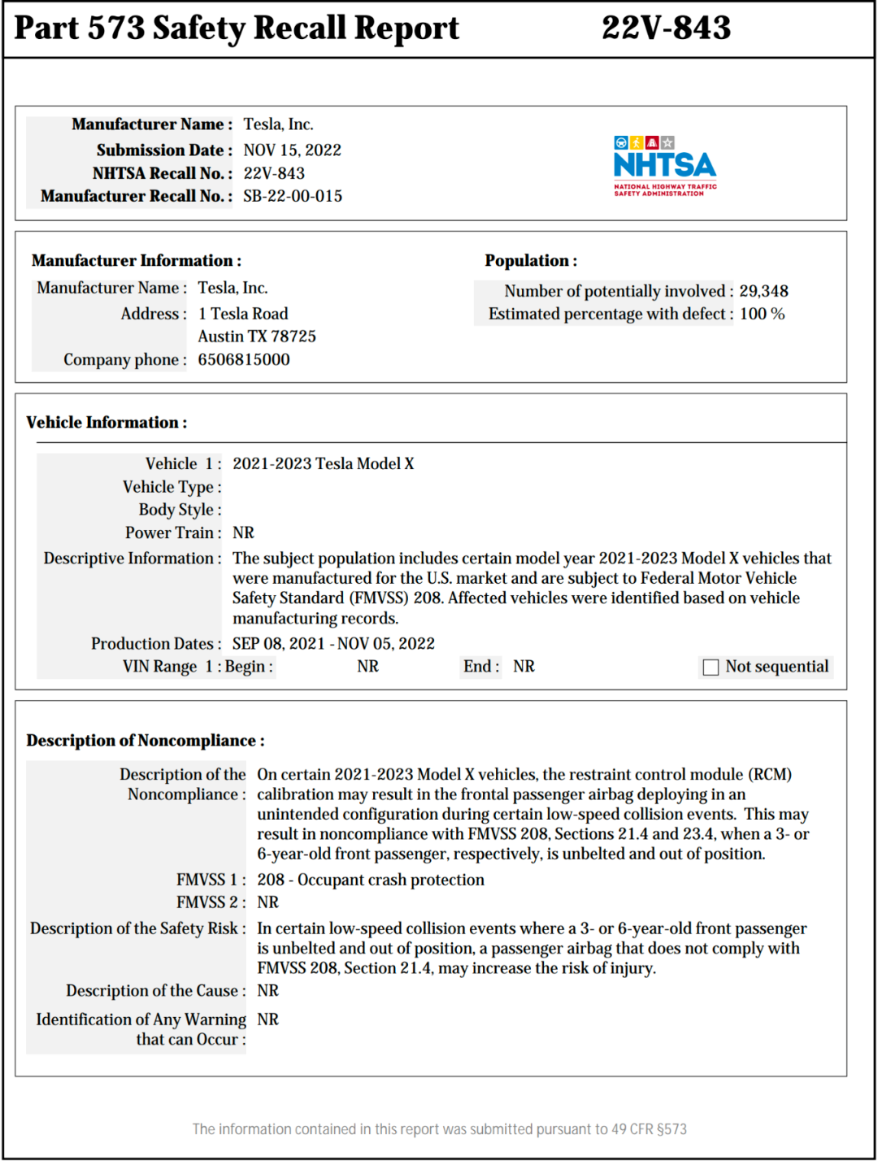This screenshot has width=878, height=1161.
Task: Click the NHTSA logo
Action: [x=665, y=167]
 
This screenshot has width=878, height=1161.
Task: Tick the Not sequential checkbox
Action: [x=711, y=667]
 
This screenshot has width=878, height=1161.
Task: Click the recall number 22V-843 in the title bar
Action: [x=666, y=28]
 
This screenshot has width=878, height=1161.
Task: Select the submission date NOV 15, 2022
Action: [x=292, y=150]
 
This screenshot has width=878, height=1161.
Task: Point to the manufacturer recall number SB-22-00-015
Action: [x=293, y=196]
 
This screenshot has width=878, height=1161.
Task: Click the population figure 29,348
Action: [x=763, y=291]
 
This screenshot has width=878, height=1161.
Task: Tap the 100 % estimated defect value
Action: [x=762, y=314]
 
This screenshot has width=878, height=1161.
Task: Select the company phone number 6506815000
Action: [x=244, y=359]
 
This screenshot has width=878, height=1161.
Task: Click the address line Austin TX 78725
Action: [x=257, y=337]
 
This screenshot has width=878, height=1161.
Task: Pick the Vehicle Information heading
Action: [x=106, y=423]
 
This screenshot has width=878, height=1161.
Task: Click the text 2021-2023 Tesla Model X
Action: [x=323, y=463]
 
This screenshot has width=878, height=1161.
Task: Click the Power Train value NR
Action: [x=243, y=533]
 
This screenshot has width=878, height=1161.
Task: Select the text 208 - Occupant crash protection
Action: [x=371, y=880]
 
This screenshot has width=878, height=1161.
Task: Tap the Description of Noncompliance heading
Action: [x=146, y=741]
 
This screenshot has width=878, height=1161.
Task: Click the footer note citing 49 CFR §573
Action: [x=439, y=1129]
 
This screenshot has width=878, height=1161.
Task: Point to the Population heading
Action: [x=531, y=261]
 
